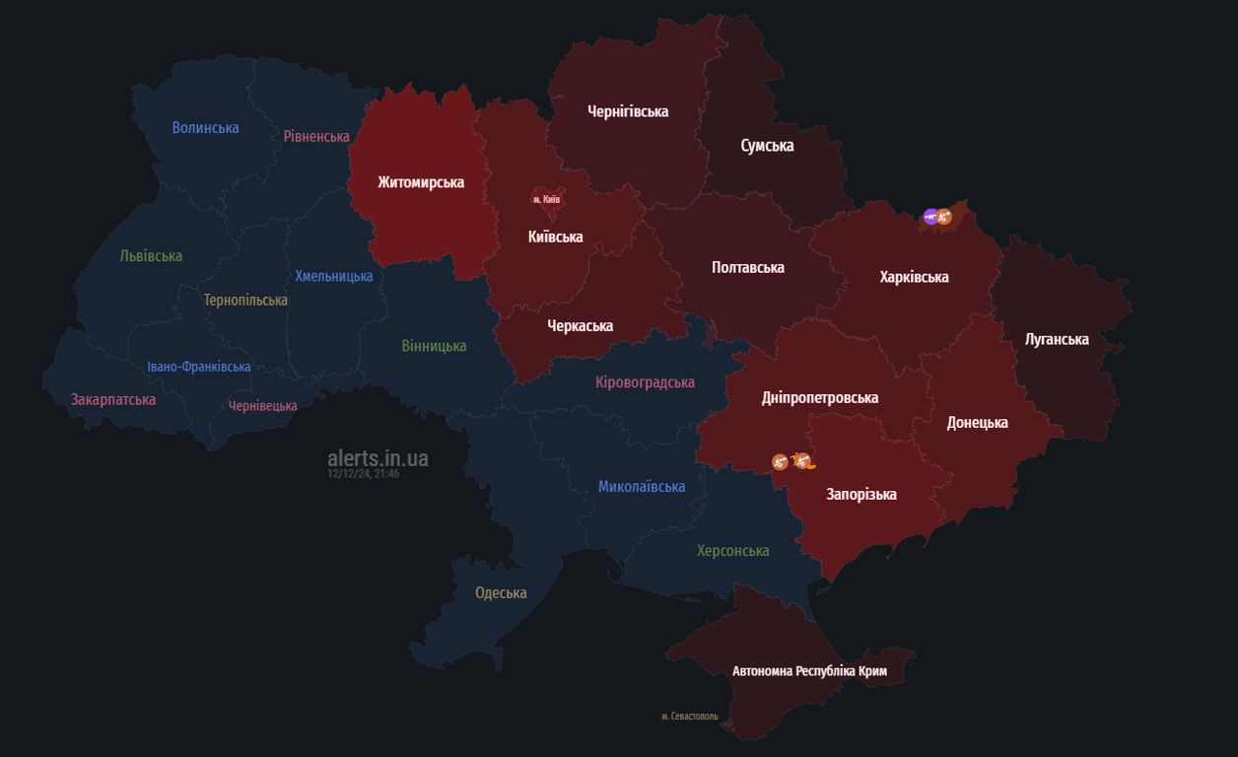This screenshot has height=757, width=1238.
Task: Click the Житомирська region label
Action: tap(421, 182)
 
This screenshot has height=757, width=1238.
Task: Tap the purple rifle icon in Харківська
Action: tap(930, 216)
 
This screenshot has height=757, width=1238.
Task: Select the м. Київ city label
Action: tap(546, 199)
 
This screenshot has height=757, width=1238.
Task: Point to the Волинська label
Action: tap(205, 127)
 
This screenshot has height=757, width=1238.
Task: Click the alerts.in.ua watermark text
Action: tap(378, 458)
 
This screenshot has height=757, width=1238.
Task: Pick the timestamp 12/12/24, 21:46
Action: tap(363, 474)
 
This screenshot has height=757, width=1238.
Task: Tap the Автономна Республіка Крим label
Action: tap(809, 671)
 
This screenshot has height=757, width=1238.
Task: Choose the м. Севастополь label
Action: tap(690, 717)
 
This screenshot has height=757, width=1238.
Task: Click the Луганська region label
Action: tap(1057, 339)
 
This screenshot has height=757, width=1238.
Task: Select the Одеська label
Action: tap(501, 592)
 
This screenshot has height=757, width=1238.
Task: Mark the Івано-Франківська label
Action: tap(199, 367)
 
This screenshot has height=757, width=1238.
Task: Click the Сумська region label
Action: tap(767, 146)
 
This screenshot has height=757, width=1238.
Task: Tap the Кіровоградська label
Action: tap(645, 382)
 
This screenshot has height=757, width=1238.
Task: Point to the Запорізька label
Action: tap(861, 494)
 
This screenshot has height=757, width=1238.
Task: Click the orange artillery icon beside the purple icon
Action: tap(944, 217)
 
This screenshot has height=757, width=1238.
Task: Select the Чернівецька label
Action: tap(262, 406)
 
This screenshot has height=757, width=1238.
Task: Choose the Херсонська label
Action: tap(732, 550)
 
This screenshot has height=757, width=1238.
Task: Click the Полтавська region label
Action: tap(748, 267)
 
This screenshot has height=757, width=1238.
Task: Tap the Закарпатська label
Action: tap(113, 399)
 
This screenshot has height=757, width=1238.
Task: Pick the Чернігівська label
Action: tap(628, 111)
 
